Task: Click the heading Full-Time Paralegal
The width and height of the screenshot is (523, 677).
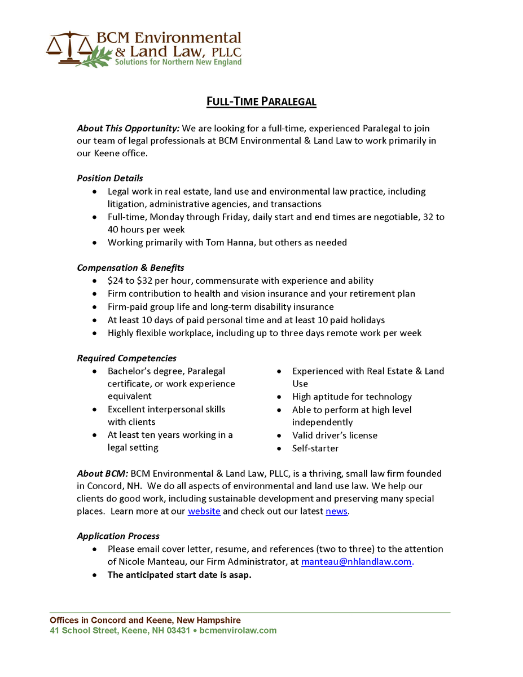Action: point(261,102)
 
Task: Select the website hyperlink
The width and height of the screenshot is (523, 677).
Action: point(204,511)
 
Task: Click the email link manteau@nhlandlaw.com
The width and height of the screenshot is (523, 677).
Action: point(357,561)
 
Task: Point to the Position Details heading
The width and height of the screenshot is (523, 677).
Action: point(110,178)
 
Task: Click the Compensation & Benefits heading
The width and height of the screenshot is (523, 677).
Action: point(130,267)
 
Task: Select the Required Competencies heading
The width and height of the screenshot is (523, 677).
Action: point(126,358)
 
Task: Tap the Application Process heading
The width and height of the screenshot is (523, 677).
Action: point(118,536)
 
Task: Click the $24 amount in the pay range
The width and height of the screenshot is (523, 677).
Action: point(115,280)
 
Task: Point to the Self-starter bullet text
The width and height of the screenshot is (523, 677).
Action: point(315,449)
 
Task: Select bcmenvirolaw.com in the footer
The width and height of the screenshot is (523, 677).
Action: point(238,630)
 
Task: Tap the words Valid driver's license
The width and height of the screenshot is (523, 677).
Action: point(335,436)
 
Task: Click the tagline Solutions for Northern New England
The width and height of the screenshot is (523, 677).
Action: point(178,61)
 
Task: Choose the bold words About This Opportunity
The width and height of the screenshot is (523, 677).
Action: point(128,129)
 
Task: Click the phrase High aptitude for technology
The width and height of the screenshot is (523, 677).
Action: point(352,397)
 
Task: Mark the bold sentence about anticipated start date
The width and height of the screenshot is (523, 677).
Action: point(179,575)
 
